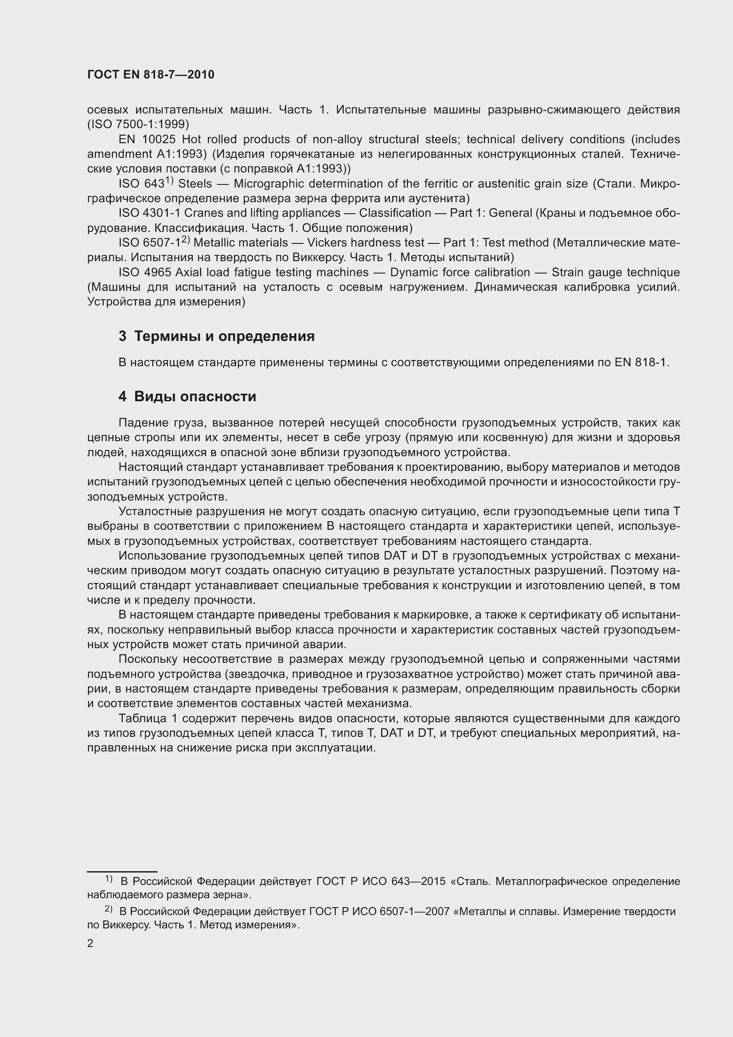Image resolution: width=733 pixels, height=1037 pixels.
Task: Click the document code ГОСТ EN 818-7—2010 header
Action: coord(151,75)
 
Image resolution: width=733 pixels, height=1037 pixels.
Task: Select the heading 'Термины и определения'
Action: coord(224,336)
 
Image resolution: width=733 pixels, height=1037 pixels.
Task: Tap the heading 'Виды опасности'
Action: coord(195,396)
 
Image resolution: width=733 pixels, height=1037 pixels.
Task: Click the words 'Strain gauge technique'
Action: coord(616,272)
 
